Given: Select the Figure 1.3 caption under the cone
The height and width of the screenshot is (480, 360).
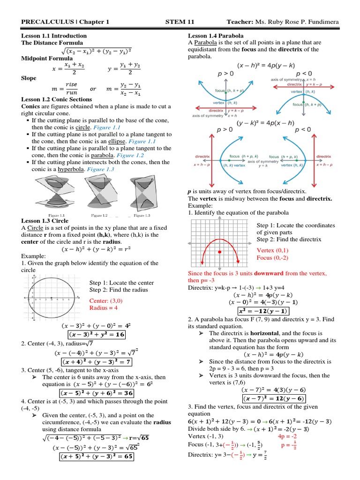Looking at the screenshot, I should (x=142, y=215).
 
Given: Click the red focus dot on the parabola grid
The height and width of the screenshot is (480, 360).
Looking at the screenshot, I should (x=219, y=252).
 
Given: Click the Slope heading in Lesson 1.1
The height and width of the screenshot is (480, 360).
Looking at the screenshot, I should (x=29, y=78).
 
